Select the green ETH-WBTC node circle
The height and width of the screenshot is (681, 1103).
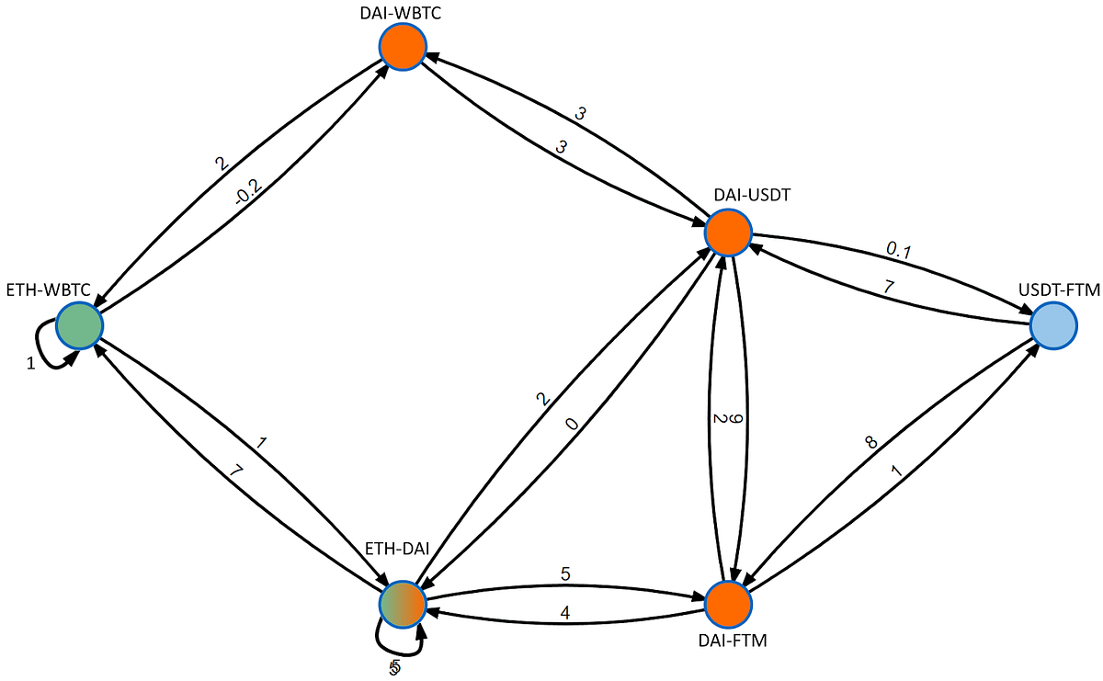(x=78, y=325)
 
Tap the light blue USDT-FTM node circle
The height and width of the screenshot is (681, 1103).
(x=1052, y=325)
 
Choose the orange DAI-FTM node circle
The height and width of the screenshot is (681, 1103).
(x=728, y=604)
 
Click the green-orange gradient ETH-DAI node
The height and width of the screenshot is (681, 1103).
(x=403, y=604)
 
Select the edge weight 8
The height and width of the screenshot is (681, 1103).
(x=870, y=443)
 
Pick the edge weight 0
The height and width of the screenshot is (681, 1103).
(x=573, y=425)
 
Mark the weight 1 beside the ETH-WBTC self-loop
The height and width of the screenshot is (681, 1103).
(x=30, y=364)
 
